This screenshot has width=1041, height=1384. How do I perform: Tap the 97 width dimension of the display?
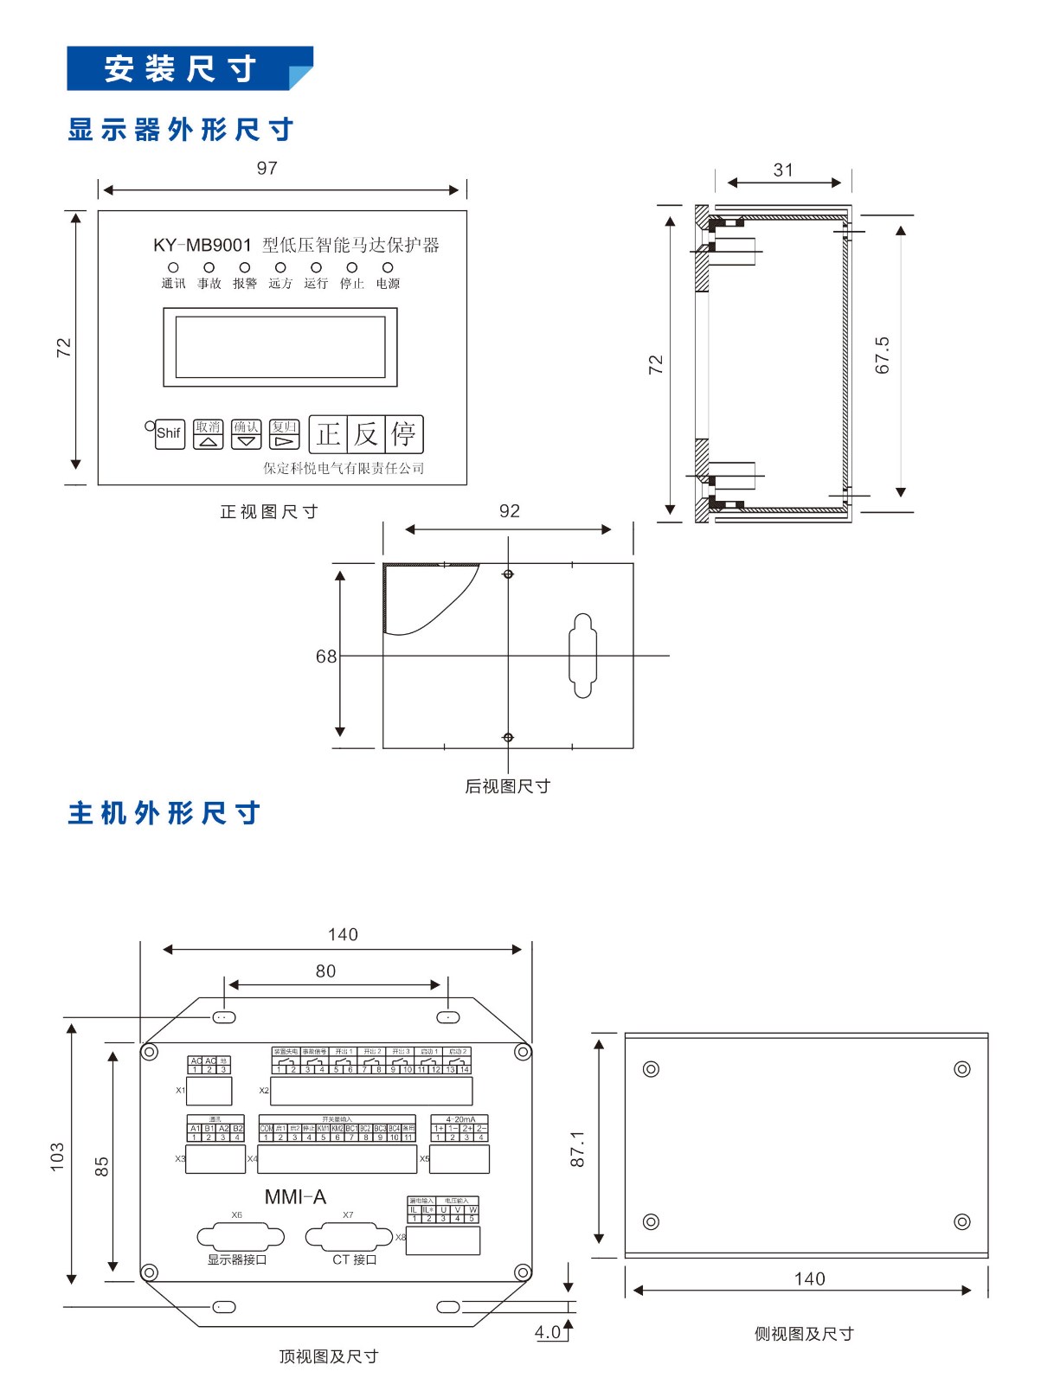pos(267,169)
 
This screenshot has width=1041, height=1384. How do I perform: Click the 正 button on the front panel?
pos(328,434)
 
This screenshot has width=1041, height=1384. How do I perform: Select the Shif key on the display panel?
pos(170,433)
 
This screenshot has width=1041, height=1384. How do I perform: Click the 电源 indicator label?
pos(388,284)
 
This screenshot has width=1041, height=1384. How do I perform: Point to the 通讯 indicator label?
pos(173,284)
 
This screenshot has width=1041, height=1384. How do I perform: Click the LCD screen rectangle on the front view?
pos(280,347)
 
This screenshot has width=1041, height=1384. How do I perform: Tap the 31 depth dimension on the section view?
pos(783,170)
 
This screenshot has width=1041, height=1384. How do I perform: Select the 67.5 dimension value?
pos(882,356)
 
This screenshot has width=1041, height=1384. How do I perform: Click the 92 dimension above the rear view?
pos(510,511)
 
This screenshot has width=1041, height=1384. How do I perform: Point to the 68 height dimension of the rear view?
pos(326,657)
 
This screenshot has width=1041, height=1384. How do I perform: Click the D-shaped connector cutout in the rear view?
pos(582,656)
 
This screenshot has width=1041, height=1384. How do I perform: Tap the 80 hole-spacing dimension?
pos(326,971)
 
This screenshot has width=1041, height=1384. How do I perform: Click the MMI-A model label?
pos(295,1197)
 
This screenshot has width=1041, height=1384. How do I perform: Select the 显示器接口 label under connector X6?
pos(237,1259)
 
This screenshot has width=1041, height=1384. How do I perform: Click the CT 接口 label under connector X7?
pos(355,1259)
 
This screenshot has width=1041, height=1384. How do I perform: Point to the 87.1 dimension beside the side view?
pos(577,1149)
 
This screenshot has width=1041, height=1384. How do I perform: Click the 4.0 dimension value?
pos(549,1332)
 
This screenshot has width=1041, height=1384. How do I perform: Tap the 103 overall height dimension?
pos(57,1157)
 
